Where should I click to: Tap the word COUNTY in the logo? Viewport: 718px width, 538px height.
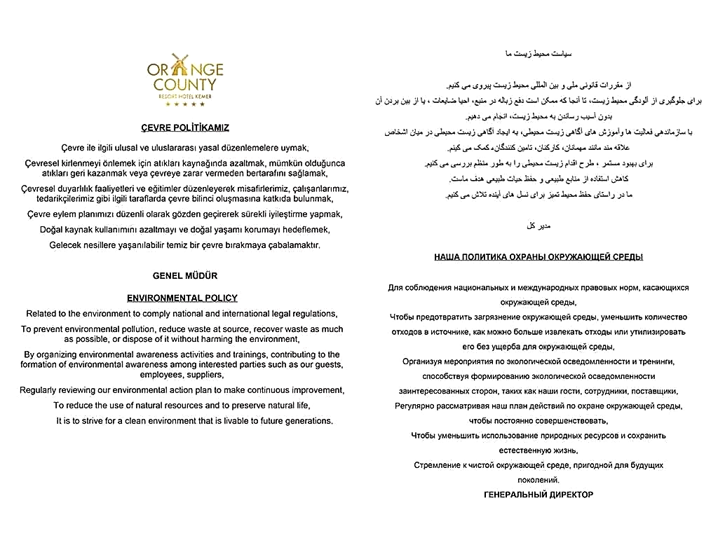(x=185, y=85)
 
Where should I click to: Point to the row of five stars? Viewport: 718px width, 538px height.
(x=185, y=104)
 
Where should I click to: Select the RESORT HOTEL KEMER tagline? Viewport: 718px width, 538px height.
(x=185, y=95)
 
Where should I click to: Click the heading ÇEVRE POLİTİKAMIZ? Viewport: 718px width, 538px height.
(x=185, y=127)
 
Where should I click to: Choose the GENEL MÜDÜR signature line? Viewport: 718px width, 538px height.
(x=185, y=275)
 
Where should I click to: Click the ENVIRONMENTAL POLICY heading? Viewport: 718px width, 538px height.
(x=182, y=298)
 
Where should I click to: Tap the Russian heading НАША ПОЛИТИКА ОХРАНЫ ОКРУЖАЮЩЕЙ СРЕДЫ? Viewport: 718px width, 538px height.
(x=538, y=257)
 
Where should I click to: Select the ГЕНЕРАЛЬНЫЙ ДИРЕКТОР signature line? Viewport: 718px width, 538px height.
(x=538, y=495)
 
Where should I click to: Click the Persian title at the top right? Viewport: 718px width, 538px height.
(x=538, y=53)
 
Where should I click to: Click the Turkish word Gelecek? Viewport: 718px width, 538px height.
(x=65, y=245)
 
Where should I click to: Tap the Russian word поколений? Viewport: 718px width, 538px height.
(x=538, y=480)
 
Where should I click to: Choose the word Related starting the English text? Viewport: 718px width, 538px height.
(x=42, y=314)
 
